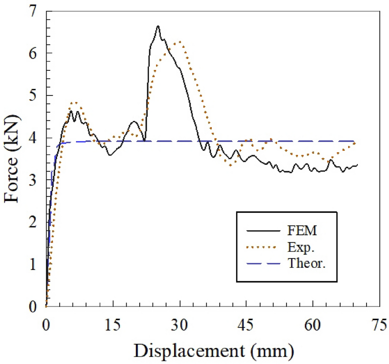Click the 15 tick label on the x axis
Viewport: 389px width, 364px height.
[x=113, y=326]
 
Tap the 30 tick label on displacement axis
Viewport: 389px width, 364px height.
[x=180, y=326]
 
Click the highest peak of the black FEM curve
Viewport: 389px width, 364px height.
[x=158, y=26]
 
